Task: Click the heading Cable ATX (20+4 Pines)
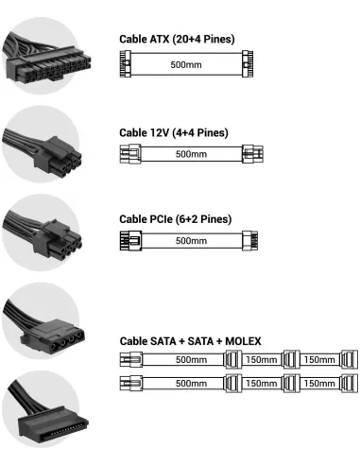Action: point(177,39)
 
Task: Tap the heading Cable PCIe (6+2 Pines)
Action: point(175,219)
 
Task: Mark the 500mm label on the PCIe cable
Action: point(191,241)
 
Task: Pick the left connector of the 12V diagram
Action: point(126,154)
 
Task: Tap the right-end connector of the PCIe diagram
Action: point(252,241)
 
